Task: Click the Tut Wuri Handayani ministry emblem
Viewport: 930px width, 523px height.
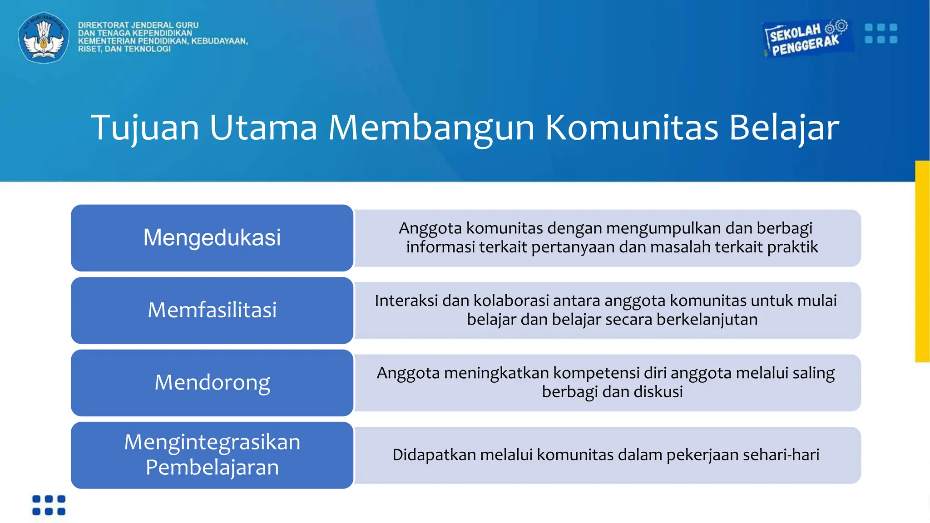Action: click(x=44, y=37)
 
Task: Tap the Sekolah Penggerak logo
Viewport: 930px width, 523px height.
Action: click(x=805, y=39)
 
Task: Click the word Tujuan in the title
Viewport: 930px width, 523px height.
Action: click(x=145, y=128)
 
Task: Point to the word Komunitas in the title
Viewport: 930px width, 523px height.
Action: click(x=632, y=128)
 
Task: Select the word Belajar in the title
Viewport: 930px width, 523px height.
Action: click(x=784, y=128)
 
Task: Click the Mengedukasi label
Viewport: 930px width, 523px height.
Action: click(x=212, y=237)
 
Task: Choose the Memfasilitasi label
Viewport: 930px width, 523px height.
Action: click(x=212, y=310)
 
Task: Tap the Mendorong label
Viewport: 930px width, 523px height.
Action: click(x=212, y=382)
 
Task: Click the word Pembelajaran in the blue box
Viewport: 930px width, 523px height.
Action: click(x=212, y=467)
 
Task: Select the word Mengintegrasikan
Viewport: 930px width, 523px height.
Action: click(x=212, y=442)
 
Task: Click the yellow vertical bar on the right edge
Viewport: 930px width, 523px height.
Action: click(x=922, y=261)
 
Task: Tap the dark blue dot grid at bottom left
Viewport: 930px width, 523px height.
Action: click(x=49, y=505)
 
